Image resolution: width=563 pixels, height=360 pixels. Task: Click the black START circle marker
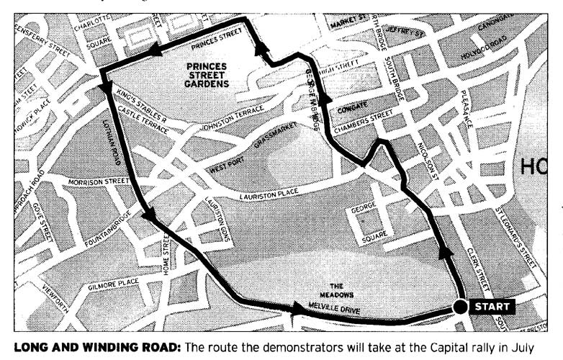460,307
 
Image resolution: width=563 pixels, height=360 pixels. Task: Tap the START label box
492,307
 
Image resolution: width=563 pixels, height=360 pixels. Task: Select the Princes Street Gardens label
207,74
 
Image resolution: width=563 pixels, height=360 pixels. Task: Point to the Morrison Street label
98,183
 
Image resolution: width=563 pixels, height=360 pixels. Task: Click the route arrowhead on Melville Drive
297,309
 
